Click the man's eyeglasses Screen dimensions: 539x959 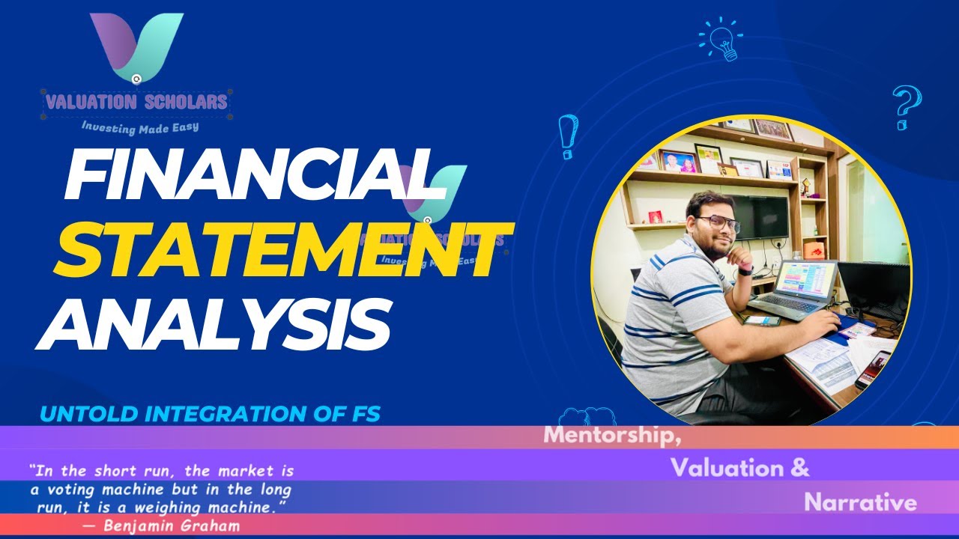(x=717, y=224)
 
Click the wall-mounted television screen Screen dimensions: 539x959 (x=758, y=217)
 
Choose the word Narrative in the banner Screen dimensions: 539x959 (x=860, y=502)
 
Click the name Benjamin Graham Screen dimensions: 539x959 (x=172, y=526)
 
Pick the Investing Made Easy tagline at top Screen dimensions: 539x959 (x=139, y=127)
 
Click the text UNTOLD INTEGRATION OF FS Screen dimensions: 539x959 (x=211, y=413)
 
